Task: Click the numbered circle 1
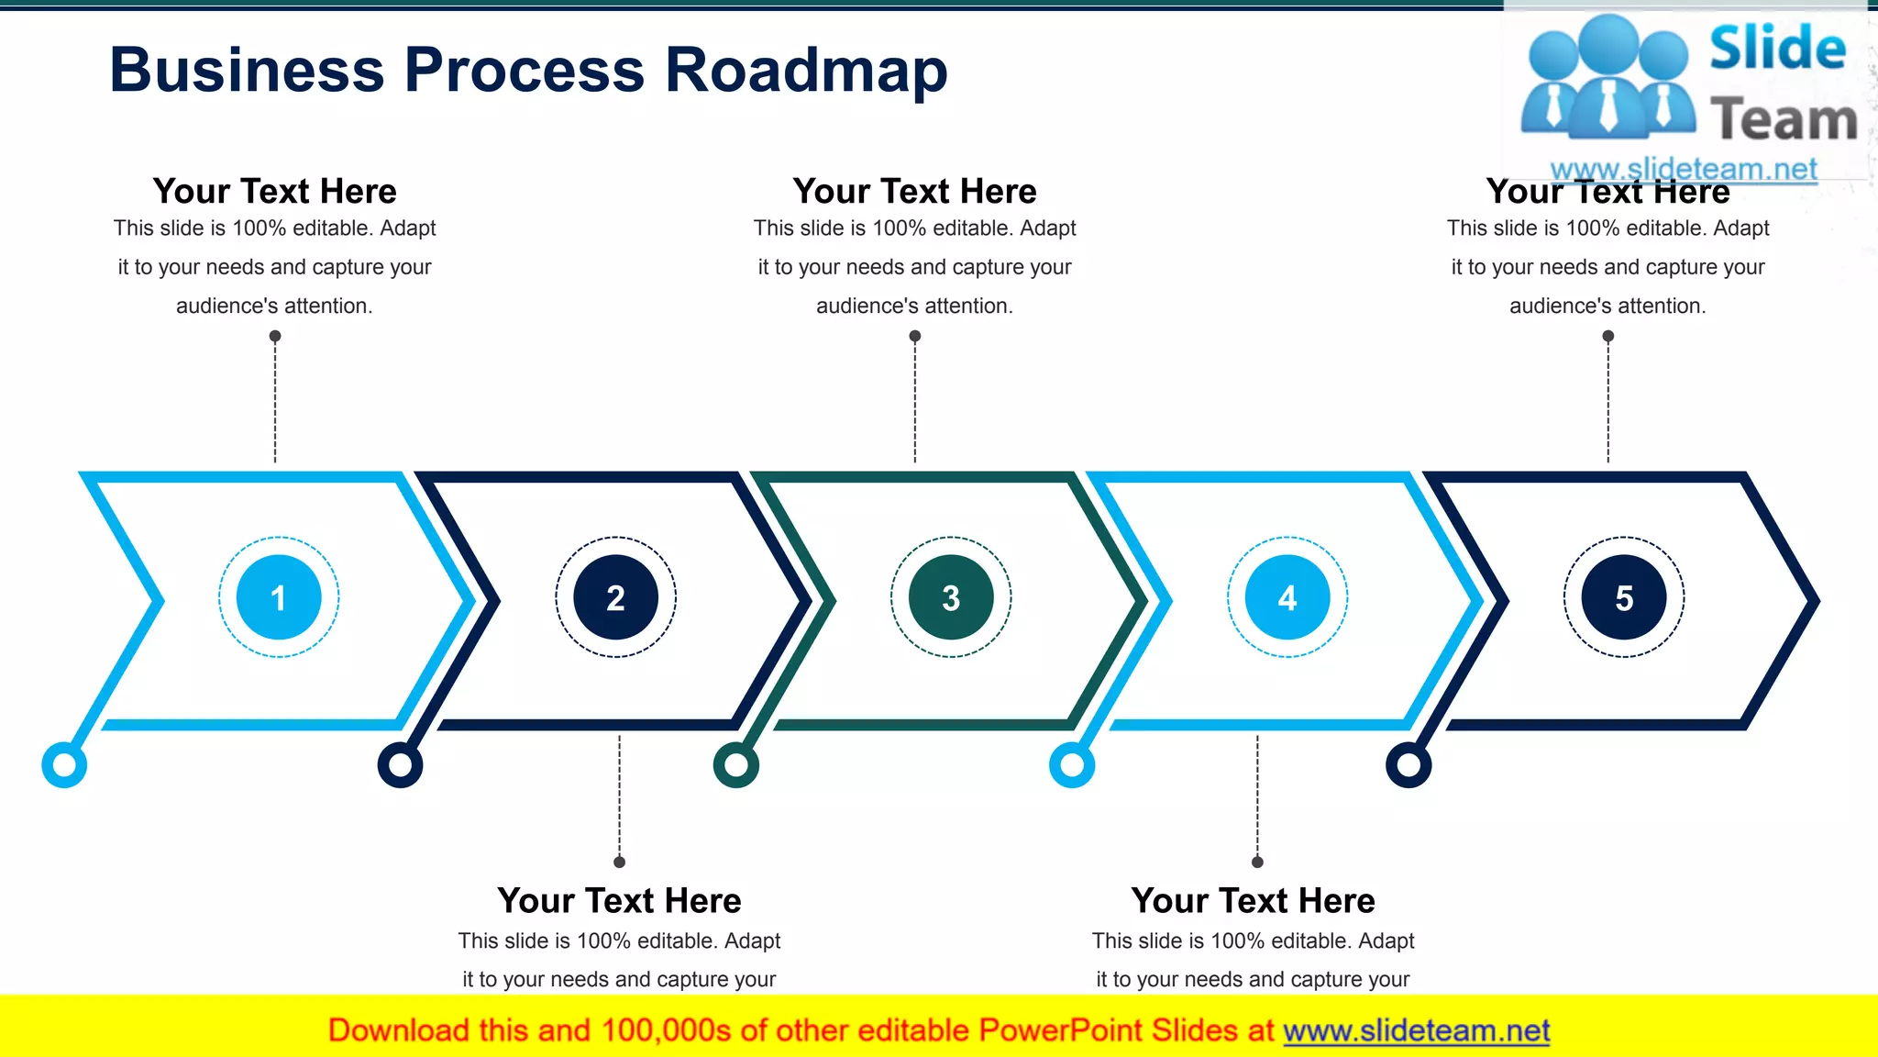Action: [279, 597]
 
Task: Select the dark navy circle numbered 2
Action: [615, 597]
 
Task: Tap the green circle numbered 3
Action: [951, 597]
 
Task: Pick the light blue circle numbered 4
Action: [1287, 597]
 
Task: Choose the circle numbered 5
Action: [1624, 597]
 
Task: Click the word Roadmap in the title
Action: [806, 71]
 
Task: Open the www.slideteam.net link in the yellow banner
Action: [1416, 1030]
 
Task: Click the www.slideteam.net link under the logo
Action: [1684, 169]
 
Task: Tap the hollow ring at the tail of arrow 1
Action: [64, 764]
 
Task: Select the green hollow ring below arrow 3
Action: [736, 764]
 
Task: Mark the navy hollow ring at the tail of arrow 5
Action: [1408, 764]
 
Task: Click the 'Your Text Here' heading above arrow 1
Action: [274, 191]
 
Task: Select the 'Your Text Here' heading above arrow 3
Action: [914, 191]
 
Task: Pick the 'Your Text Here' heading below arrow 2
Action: [619, 900]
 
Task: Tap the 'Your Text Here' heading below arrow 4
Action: [1253, 900]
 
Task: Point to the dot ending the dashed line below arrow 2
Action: [620, 862]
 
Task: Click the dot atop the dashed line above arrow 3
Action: [915, 336]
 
